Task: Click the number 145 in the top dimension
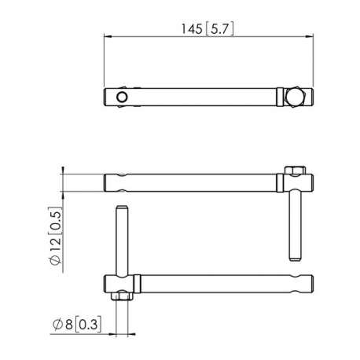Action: pyautogui.click(x=192, y=28)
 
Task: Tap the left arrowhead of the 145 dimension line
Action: pyautogui.click(x=108, y=36)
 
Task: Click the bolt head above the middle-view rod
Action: pyautogui.click(x=296, y=171)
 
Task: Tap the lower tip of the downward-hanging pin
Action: pyautogui.click(x=296, y=257)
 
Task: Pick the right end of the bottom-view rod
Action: pyautogui.click(x=313, y=281)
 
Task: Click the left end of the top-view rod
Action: pyautogui.click(x=107, y=97)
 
